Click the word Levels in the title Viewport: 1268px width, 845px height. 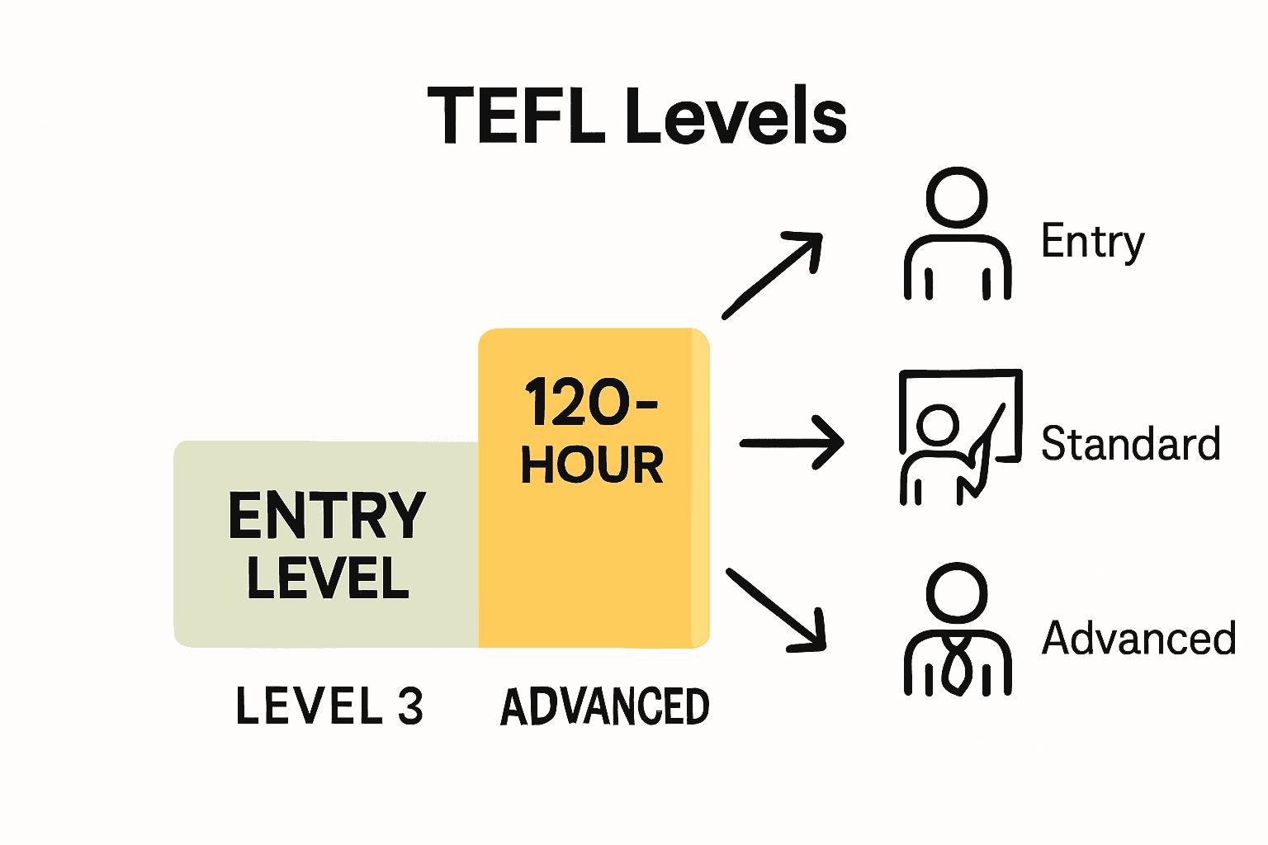(x=736, y=116)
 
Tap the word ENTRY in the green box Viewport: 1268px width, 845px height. (x=327, y=515)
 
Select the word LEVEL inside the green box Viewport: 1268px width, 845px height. (x=328, y=577)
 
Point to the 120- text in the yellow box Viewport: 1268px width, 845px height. (x=590, y=403)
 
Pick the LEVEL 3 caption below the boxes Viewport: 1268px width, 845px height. (x=329, y=706)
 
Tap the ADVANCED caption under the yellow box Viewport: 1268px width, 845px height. (x=605, y=706)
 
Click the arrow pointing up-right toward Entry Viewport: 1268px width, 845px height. (x=773, y=275)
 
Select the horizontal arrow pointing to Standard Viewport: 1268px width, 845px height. (x=791, y=443)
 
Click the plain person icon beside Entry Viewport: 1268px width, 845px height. (x=958, y=235)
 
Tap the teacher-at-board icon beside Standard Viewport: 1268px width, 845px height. (x=960, y=436)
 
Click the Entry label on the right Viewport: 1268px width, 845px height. (x=1093, y=242)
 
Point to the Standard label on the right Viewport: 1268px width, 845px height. (x=1130, y=444)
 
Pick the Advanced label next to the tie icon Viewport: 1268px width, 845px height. (x=1138, y=639)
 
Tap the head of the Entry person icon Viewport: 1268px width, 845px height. (x=958, y=198)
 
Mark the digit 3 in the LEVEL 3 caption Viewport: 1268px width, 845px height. (x=410, y=706)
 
